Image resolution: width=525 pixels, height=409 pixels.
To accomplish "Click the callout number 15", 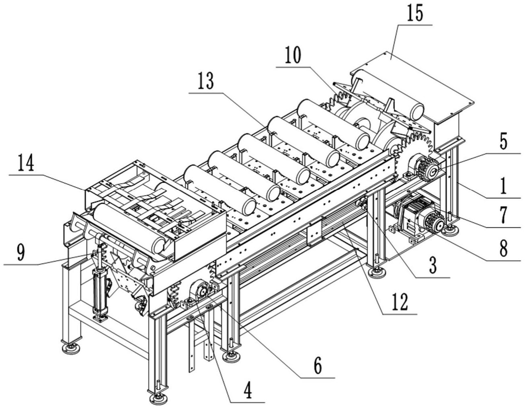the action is coord(415,14).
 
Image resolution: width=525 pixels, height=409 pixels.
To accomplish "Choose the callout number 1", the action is coord(503,186).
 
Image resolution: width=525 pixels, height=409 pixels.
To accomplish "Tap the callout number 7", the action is coord(503,215).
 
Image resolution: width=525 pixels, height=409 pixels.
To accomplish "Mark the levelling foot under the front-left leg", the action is coord(158,399).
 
